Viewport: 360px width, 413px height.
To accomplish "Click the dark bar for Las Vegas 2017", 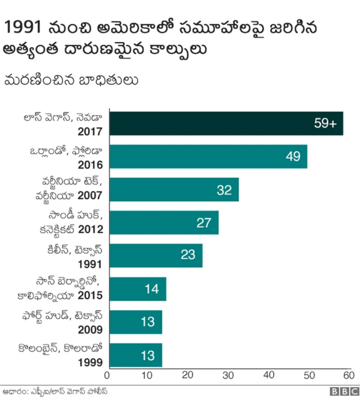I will (225, 124).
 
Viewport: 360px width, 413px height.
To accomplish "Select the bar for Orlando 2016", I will (207, 156).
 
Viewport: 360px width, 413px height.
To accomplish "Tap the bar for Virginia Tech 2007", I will (173, 190).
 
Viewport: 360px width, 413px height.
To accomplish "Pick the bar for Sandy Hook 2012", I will (163, 223).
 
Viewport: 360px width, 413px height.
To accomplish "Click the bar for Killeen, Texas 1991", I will (155, 255).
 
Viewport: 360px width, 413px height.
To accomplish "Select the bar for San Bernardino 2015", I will (137, 289).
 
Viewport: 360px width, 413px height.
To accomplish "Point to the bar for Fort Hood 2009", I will (134, 322).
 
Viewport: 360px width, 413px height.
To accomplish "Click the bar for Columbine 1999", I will (134, 355).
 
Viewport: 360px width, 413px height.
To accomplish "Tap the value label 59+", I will (325, 124).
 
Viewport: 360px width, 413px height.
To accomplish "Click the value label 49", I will (292, 156).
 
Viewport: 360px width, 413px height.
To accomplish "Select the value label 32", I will (224, 190).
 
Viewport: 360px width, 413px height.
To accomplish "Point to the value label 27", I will (204, 223).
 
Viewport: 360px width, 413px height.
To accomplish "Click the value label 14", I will (151, 289).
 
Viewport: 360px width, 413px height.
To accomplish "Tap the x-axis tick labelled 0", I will (107, 375).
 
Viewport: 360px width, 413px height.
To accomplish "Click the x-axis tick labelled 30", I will (228, 375).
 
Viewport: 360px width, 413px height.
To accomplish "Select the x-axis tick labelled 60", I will (348, 375).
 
